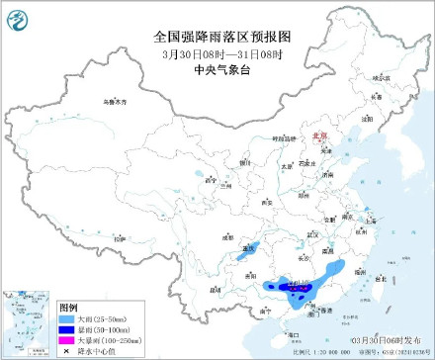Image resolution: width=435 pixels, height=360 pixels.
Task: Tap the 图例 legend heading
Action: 67,308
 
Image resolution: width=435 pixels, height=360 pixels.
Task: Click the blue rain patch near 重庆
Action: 241,255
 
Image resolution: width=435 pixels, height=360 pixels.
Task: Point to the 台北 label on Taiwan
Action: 378,278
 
